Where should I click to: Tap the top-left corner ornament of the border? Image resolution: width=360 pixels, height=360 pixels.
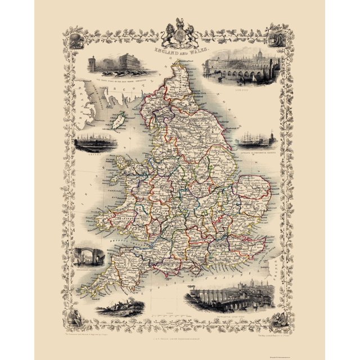tap(75, 36)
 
